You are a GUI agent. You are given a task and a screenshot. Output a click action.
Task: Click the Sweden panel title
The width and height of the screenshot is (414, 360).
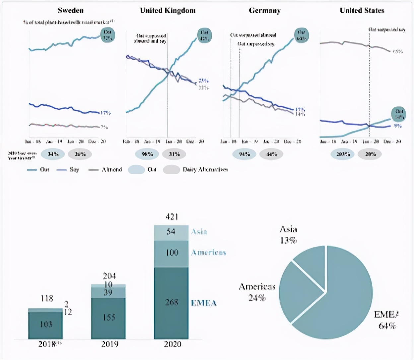coord(71,10)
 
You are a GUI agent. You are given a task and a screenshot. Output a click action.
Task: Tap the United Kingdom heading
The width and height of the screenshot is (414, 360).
coord(168,10)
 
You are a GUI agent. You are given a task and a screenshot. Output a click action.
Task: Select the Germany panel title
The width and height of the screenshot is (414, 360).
coord(265,10)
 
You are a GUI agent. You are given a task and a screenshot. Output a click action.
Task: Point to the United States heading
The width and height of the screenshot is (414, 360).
coord(362,10)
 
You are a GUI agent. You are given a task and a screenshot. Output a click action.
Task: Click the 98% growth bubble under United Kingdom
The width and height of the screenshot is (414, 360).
coord(147,154)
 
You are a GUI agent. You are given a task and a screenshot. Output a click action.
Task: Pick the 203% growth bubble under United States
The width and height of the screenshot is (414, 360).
coord(342,154)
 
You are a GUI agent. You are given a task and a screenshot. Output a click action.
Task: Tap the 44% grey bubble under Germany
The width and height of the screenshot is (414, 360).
coord(272,154)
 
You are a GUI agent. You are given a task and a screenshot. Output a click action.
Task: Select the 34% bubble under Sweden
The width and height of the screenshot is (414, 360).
coord(53,154)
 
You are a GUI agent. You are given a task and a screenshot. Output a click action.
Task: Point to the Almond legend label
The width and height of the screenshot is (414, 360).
coord(112,170)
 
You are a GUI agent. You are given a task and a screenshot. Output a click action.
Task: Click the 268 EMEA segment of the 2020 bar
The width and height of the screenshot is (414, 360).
coord(171,302)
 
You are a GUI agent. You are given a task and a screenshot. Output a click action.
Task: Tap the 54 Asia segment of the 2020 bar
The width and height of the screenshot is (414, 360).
coord(171,232)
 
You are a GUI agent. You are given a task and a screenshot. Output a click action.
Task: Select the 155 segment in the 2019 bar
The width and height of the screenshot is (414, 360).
coord(108,318)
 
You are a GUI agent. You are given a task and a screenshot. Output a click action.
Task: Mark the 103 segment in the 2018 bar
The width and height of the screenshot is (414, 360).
coord(46,324)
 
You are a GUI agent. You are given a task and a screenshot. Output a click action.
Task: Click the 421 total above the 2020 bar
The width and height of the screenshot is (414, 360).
coord(172,217)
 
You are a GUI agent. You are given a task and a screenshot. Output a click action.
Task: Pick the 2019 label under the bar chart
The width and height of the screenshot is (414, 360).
coord(109,344)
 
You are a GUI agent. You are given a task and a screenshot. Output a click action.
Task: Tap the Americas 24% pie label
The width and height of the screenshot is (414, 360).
coord(257,292)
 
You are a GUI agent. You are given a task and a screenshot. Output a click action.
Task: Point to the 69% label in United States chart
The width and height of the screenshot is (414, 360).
coord(397,52)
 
